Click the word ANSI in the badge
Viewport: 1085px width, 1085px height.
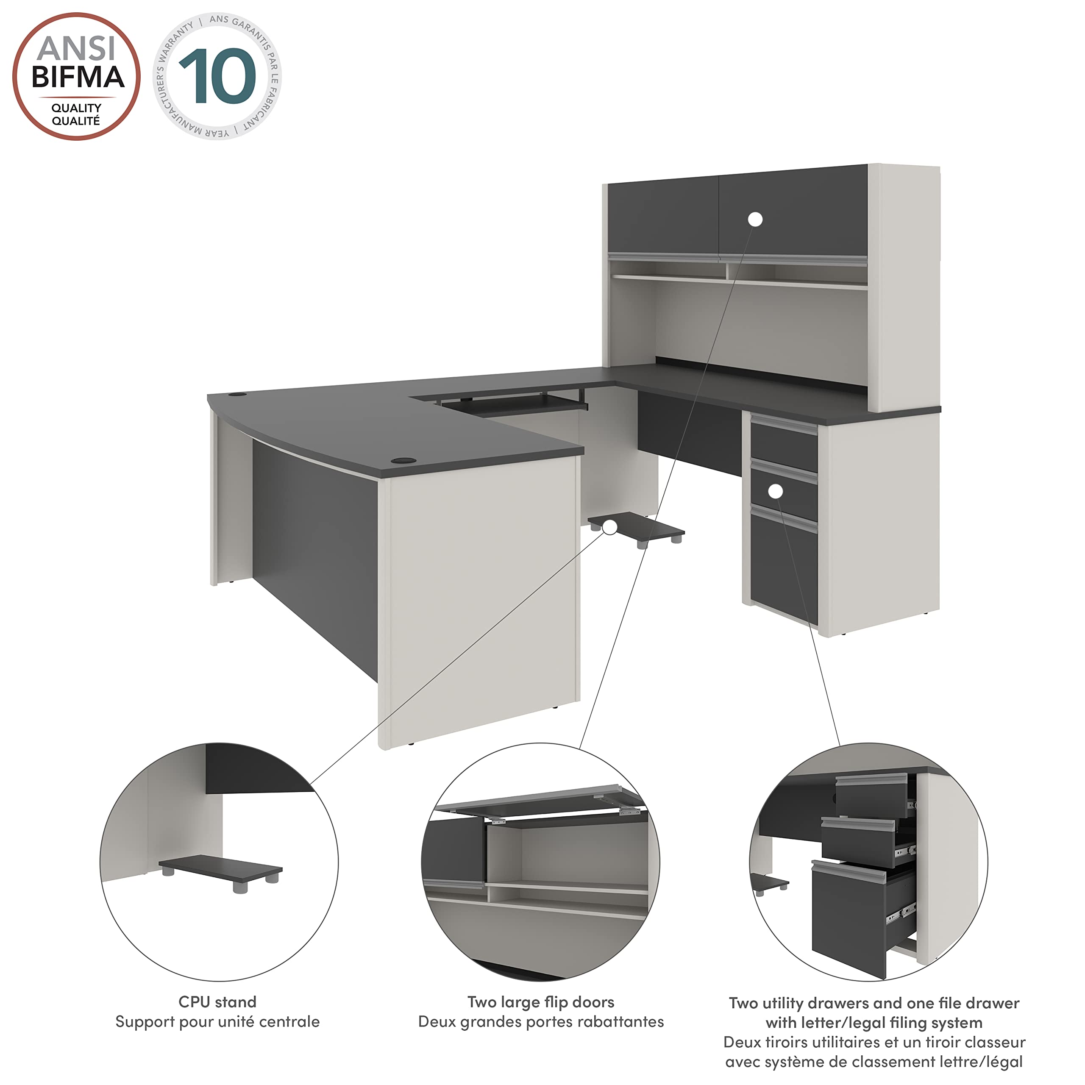pyautogui.click(x=76, y=49)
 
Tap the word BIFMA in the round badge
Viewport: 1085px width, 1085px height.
pyautogui.click(x=78, y=78)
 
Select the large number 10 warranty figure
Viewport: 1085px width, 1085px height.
pyautogui.click(x=217, y=76)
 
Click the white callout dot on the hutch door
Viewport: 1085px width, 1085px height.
pyautogui.click(x=755, y=220)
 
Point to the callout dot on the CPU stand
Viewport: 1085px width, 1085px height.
pyautogui.click(x=610, y=527)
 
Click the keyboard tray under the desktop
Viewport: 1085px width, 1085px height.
pyautogui.click(x=514, y=404)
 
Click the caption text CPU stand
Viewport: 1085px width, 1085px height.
pyautogui.click(x=217, y=1002)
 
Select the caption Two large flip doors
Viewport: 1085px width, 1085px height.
pyautogui.click(x=541, y=1002)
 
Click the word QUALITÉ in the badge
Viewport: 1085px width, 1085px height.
pyautogui.click(x=76, y=121)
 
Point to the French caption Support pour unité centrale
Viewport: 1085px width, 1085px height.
pyautogui.click(x=217, y=1021)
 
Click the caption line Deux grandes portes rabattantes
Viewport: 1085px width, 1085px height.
pyautogui.click(x=541, y=1021)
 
